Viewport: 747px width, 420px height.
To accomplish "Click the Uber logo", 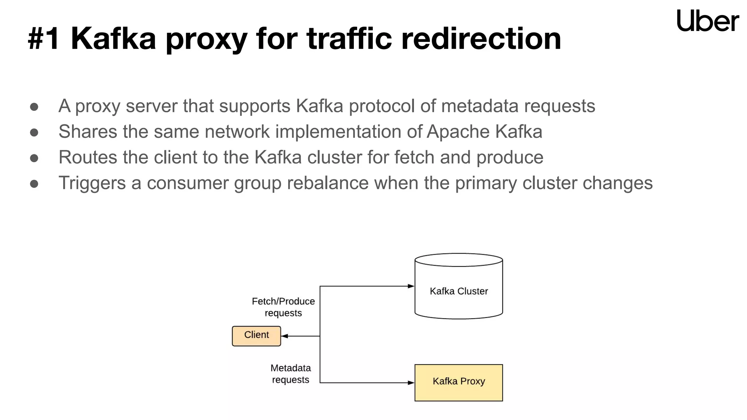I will pyautogui.click(x=707, y=21).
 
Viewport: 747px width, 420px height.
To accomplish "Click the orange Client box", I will pyautogui.click(x=256, y=336).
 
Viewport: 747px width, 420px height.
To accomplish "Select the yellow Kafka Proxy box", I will pyautogui.click(x=458, y=382).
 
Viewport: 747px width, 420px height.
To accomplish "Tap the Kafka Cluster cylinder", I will pyautogui.click(x=458, y=288).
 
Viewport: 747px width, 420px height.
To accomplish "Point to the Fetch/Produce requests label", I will pyautogui.click(x=283, y=307).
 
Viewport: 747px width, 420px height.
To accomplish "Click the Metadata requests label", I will pyautogui.click(x=290, y=374).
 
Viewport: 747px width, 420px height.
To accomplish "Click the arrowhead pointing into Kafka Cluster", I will pyautogui.click(x=411, y=286).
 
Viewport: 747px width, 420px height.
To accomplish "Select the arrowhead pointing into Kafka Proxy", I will pyautogui.click(x=411, y=382).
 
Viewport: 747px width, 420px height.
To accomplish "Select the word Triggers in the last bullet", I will pyautogui.click(x=92, y=183).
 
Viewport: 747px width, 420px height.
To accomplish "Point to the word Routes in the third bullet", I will pyautogui.click(x=88, y=157).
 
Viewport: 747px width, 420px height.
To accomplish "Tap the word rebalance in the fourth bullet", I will pyautogui.click(x=328, y=183).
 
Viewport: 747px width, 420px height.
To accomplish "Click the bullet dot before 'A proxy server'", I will pyautogui.click(x=34, y=107).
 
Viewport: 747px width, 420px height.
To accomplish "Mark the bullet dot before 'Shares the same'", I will pyautogui.click(x=34, y=132).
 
